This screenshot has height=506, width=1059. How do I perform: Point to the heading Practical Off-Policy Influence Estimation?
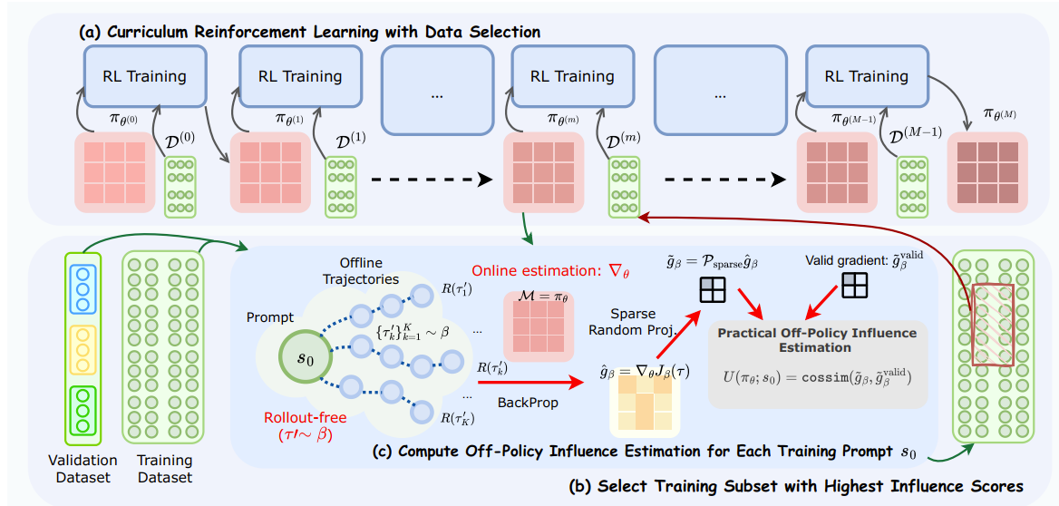click(x=817, y=339)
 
